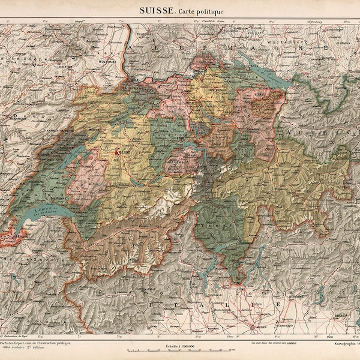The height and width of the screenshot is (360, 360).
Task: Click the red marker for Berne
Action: click(x=116, y=153)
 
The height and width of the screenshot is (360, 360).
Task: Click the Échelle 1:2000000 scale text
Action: click(x=178, y=346)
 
